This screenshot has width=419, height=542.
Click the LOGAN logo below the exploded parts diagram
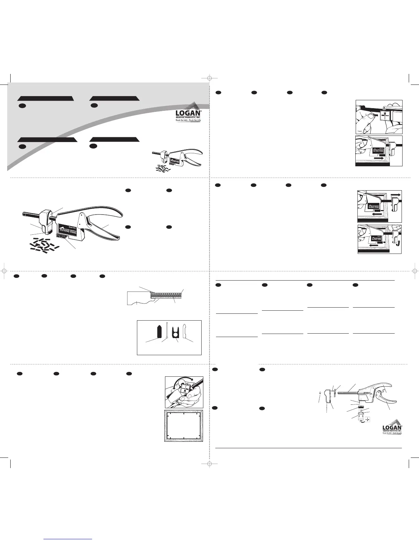coord(392,427)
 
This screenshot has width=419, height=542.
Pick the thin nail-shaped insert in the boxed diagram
coord(166,330)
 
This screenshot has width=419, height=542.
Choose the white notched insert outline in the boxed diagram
coord(184,331)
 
